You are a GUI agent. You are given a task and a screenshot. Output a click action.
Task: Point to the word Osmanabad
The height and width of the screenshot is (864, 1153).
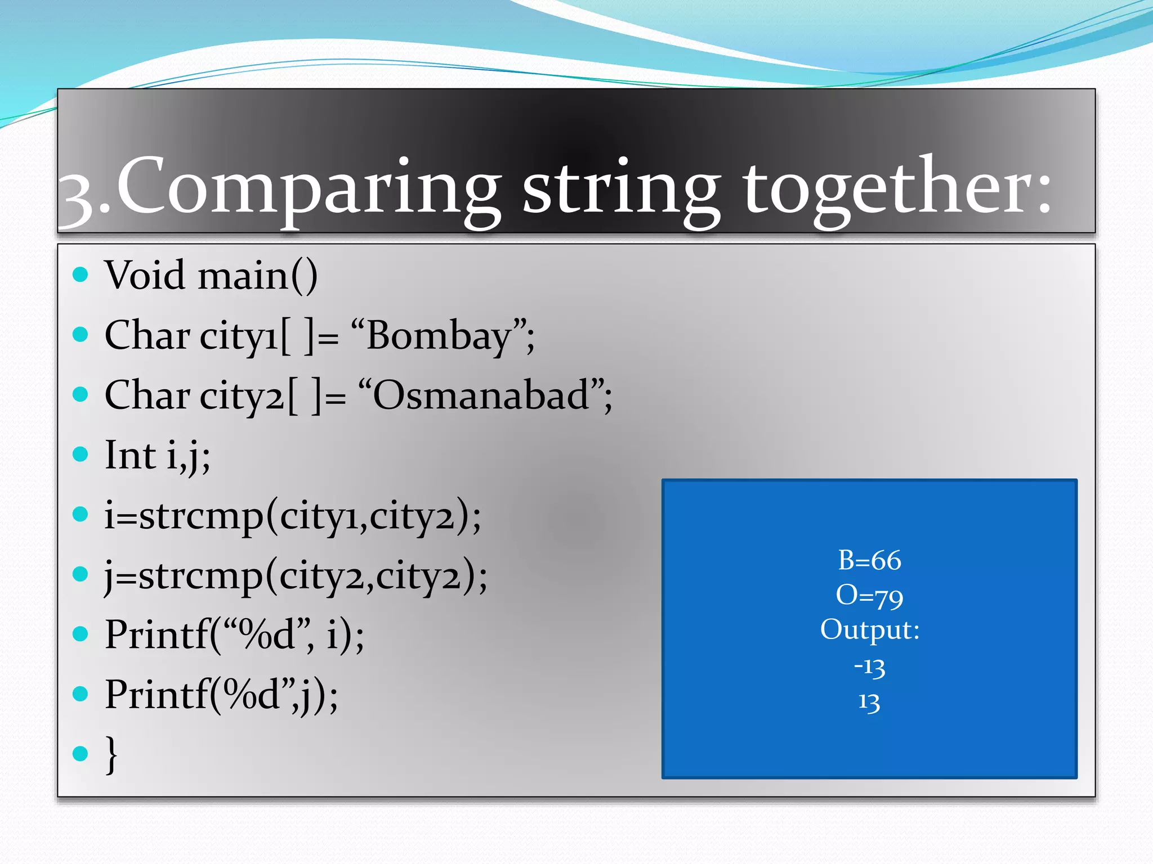click(481, 396)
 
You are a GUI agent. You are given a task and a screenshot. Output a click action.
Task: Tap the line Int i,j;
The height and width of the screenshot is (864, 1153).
click(158, 456)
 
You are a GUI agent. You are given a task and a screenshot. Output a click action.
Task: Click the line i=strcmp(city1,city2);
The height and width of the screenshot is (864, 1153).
click(293, 516)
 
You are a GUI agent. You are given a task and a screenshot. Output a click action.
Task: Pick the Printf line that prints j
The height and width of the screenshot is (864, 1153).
click(221, 695)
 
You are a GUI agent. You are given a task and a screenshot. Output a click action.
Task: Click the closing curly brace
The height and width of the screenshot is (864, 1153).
click(111, 754)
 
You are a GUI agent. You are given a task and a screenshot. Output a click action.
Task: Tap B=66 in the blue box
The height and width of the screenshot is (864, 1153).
click(869, 561)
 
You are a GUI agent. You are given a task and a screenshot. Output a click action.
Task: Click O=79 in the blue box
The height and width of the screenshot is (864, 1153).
click(869, 596)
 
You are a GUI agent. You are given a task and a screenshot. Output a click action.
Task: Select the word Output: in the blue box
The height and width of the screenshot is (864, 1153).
click(869, 630)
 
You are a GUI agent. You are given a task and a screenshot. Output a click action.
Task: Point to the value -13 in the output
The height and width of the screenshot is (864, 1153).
click(869, 667)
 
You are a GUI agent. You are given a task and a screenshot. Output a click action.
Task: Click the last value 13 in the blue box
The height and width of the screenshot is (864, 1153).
click(869, 701)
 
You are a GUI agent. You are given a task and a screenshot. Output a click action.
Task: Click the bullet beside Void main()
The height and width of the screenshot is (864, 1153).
click(81, 274)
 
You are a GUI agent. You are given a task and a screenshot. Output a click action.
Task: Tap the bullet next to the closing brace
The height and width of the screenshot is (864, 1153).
click(81, 753)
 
